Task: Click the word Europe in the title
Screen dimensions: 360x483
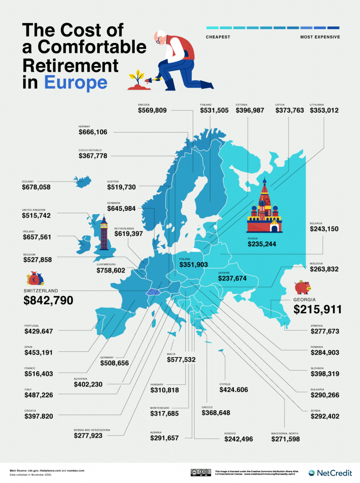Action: click(x=75, y=83)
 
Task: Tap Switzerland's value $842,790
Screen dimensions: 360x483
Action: click(x=48, y=300)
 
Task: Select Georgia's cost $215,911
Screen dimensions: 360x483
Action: click(x=317, y=309)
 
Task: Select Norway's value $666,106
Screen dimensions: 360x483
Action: click(x=93, y=133)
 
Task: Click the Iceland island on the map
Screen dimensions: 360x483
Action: click(x=82, y=181)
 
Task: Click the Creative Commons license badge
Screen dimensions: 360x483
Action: click(x=200, y=473)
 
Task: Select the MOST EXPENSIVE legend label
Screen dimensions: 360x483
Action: click(x=320, y=37)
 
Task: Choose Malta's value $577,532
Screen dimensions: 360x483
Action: click(x=181, y=360)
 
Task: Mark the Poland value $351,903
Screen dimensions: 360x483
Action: click(x=193, y=265)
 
